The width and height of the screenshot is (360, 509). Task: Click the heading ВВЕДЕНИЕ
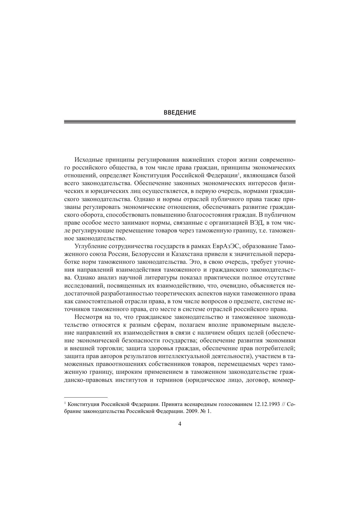pos(180,113)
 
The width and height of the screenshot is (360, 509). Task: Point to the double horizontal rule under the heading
pos(180,122)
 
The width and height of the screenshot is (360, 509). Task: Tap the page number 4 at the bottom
pos(180,424)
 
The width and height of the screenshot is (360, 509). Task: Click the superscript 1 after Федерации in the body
pos(238,174)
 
